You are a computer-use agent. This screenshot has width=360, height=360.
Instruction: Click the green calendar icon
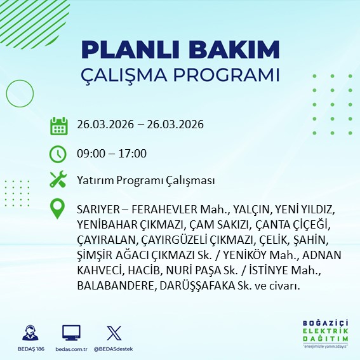(58, 125)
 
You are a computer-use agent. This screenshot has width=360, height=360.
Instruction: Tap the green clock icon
(58, 154)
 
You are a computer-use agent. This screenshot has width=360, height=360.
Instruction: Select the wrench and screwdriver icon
(58, 180)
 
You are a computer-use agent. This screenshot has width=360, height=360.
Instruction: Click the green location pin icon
(58, 209)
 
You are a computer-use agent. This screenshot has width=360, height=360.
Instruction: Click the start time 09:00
(89, 154)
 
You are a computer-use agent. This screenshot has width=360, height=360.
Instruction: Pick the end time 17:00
(133, 154)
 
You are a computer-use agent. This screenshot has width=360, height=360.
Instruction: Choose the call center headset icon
(30, 333)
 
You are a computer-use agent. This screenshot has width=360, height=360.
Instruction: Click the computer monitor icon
(70, 333)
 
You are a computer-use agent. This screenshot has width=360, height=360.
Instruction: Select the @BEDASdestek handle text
(114, 350)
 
